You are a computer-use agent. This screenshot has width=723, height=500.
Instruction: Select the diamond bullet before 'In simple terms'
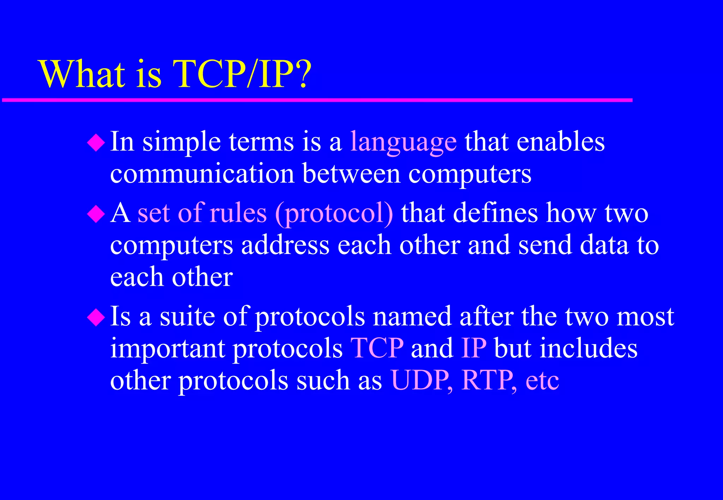pos(96,143)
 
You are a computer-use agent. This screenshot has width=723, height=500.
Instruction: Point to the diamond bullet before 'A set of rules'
pos(96,214)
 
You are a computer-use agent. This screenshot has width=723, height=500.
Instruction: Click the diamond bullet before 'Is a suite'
pos(96,317)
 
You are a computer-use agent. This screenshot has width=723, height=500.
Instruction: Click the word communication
pos(202,174)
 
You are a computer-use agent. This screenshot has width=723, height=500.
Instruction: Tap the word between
pos(351,174)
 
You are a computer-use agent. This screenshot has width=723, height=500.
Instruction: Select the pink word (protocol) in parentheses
pos(334,213)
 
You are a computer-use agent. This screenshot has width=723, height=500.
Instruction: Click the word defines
pos(495,213)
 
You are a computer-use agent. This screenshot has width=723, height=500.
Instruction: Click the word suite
pos(187,316)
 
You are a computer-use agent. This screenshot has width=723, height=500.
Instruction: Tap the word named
pos(412,316)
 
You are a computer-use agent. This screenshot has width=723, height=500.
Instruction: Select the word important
pos(168,348)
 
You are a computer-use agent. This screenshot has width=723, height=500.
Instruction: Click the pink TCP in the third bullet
pos(377,348)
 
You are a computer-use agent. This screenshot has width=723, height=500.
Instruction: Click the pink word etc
pos(542,381)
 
